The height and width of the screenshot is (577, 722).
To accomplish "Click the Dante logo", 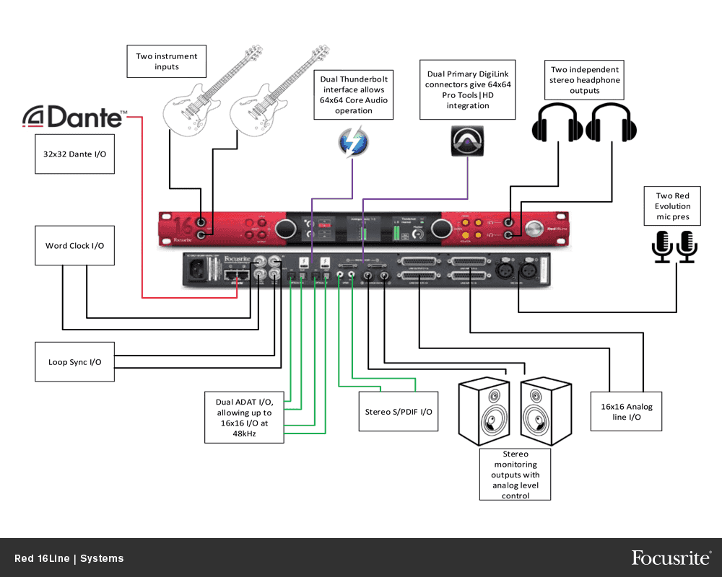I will point(75,117).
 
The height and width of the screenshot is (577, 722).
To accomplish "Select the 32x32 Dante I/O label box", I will point(75,154).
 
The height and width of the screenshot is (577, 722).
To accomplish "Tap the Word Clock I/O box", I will point(75,246).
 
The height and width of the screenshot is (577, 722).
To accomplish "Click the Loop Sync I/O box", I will point(75,362).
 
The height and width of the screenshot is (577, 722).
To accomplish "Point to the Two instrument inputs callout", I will point(166,61).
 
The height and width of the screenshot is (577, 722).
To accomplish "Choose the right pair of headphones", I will point(611,121).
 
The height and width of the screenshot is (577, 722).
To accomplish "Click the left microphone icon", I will point(661,245).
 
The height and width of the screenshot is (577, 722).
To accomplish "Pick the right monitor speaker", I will point(547,412).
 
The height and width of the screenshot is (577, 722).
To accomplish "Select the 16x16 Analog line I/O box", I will point(626,412).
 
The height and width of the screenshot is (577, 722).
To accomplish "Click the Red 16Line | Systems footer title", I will point(69,558).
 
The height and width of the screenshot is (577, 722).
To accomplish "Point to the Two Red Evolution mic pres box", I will point(672,206).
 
